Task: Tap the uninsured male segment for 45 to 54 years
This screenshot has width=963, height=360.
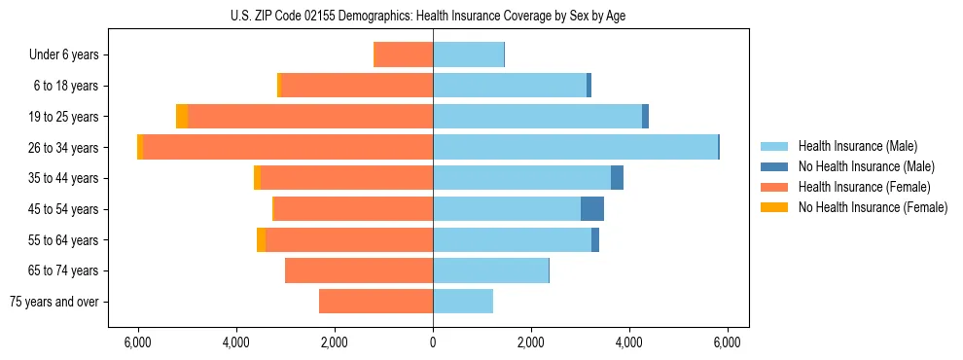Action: click(x=592, y=208)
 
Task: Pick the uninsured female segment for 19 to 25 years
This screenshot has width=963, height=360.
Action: click(x=182, y=117)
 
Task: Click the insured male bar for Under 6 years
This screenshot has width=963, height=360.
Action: click(x=468, y=54)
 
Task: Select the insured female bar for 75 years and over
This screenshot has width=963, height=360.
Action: click(x=375, y=302)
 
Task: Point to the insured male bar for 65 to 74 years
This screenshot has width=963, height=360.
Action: click(x=490, y=270)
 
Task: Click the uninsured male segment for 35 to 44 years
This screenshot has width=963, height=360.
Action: click(x=617, y=178)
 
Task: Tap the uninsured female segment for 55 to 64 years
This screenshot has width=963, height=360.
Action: click(x=261, y=239)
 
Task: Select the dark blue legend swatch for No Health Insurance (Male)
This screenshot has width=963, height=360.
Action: click(x=775, y=166)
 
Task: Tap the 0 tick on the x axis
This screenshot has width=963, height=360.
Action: click(x=433, y=342)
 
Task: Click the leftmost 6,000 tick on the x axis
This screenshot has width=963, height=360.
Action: click(x=138, y=342)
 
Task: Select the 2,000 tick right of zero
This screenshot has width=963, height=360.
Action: click(x=531, y=342)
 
